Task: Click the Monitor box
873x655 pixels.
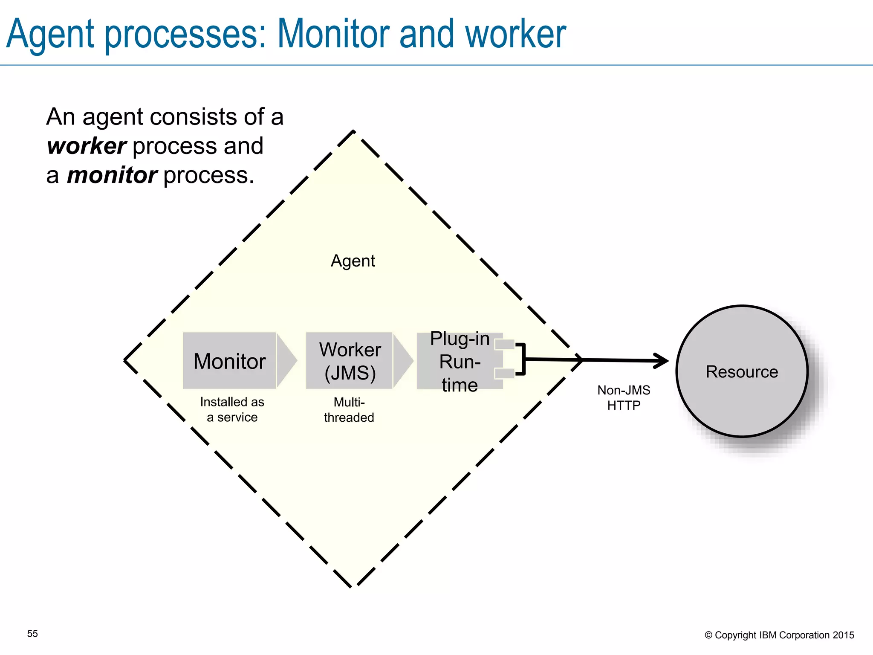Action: click(x=229, y=361)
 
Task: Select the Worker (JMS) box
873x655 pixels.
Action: click(x=349, y=361)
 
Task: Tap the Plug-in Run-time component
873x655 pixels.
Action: click(x=459, y=361)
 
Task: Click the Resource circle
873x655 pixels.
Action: click(x=742, y=371)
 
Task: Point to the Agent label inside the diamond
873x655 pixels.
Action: click(x=353, y=261)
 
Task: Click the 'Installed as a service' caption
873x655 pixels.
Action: click(x=232, y=409)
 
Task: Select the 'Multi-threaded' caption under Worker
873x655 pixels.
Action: click(x=349, y=409)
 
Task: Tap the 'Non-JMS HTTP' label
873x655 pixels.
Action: click(x=624, y=397)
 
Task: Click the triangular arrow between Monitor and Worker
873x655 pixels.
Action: click(x=286, y=361)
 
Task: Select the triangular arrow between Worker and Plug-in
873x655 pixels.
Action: click(x=402, y=361)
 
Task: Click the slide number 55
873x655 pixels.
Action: click(x=32, y=634)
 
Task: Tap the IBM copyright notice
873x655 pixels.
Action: click(x=779, y=635)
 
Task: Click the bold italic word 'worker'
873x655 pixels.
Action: click(x=87, y=146)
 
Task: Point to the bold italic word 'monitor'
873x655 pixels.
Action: click(x=112, y=175)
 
